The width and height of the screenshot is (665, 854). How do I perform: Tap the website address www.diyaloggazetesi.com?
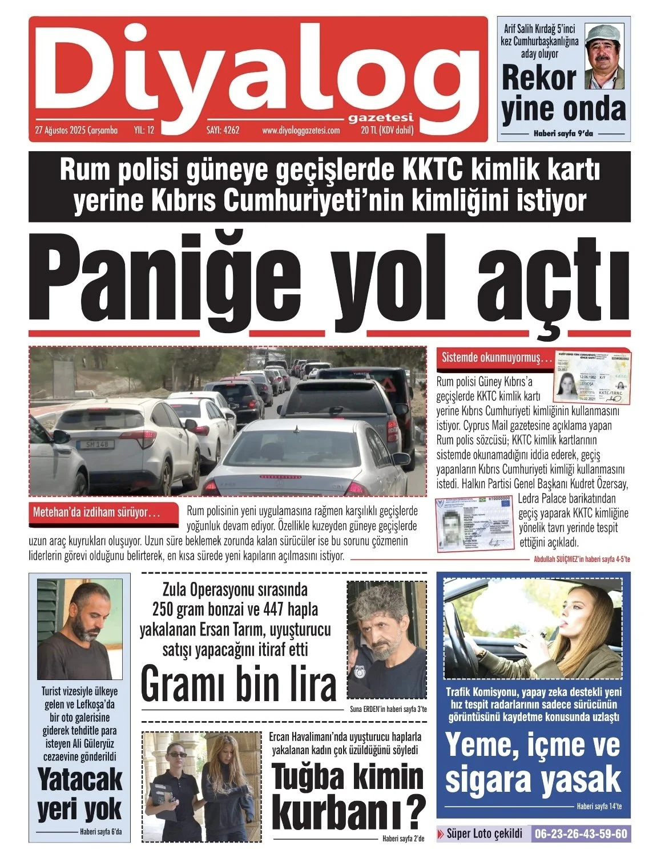coord(301,131)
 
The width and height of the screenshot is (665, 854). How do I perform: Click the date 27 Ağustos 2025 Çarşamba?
coord(76,131)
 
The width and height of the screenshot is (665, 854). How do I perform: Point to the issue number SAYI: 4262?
coord(223,131)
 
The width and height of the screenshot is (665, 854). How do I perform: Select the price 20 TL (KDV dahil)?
coord(387,131)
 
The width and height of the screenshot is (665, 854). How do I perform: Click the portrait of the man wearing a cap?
coord(604,56)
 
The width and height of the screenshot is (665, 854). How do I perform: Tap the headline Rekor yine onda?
coord(563,94)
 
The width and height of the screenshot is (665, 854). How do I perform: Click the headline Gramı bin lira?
coord(238,684)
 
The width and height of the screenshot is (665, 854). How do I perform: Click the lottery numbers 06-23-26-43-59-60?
coord(580,834)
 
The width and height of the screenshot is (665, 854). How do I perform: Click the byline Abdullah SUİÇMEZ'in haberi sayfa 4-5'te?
coord(581,560)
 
